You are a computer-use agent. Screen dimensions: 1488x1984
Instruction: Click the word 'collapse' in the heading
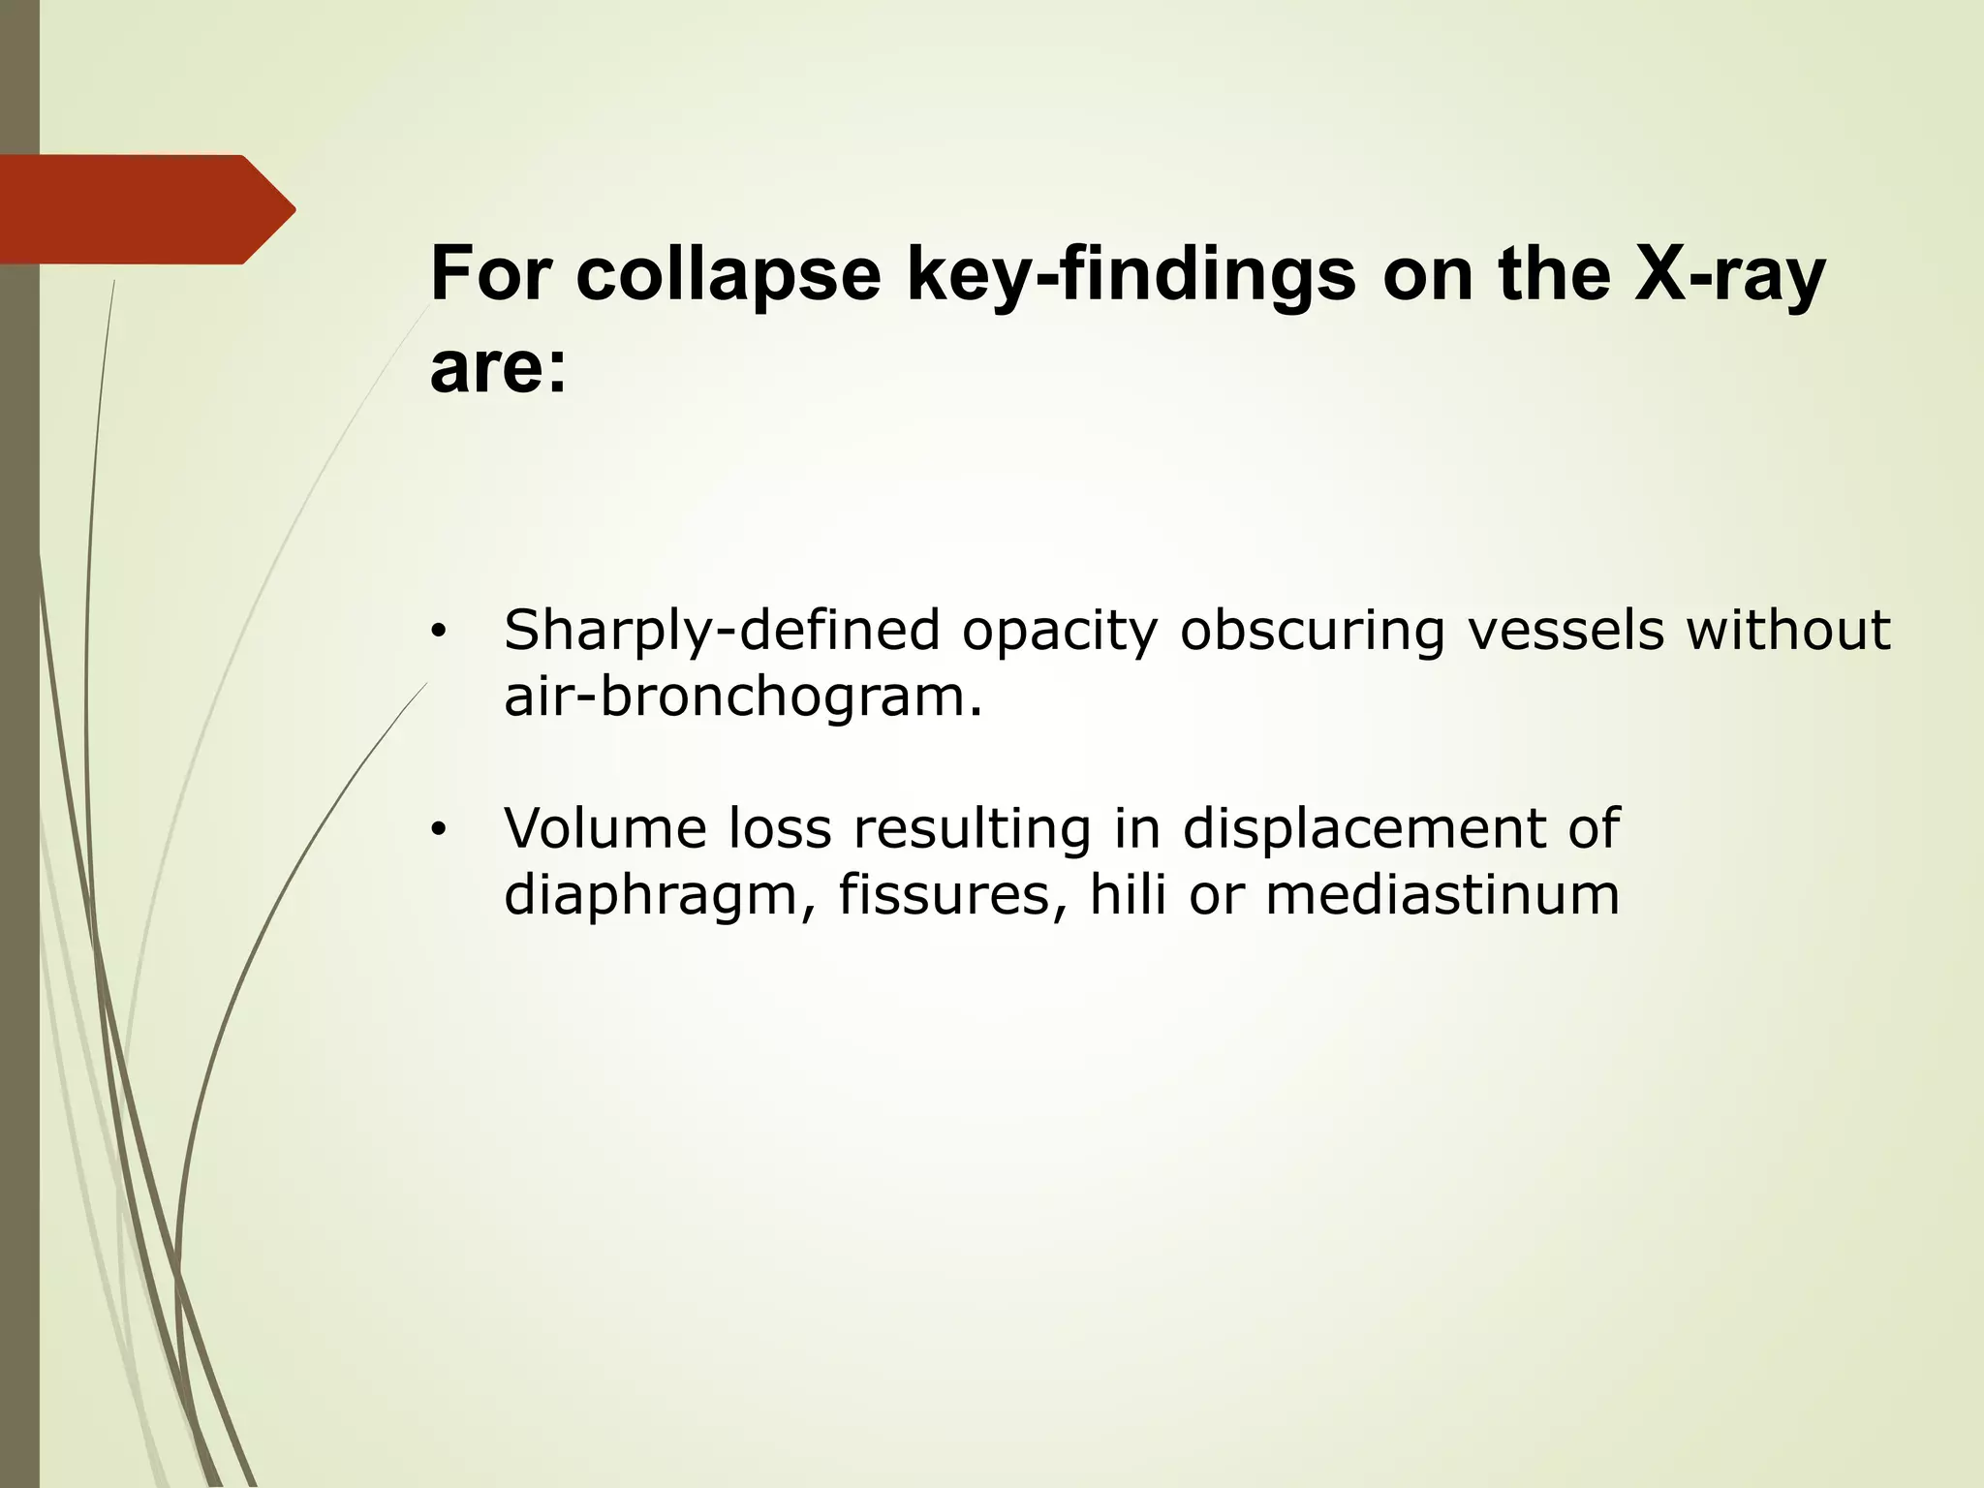pos(728,274)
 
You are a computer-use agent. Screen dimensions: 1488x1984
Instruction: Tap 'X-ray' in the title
pos(1728,274)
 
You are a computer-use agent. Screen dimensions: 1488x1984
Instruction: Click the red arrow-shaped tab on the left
pos(145,209)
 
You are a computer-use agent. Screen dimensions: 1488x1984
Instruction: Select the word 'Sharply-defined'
pos(722,631)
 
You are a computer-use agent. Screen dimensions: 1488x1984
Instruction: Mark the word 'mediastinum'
pos(1442,894)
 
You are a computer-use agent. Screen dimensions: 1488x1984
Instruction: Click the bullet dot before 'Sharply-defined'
pos(439,633)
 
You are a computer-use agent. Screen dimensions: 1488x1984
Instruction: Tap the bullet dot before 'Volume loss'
pos(439,830)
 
